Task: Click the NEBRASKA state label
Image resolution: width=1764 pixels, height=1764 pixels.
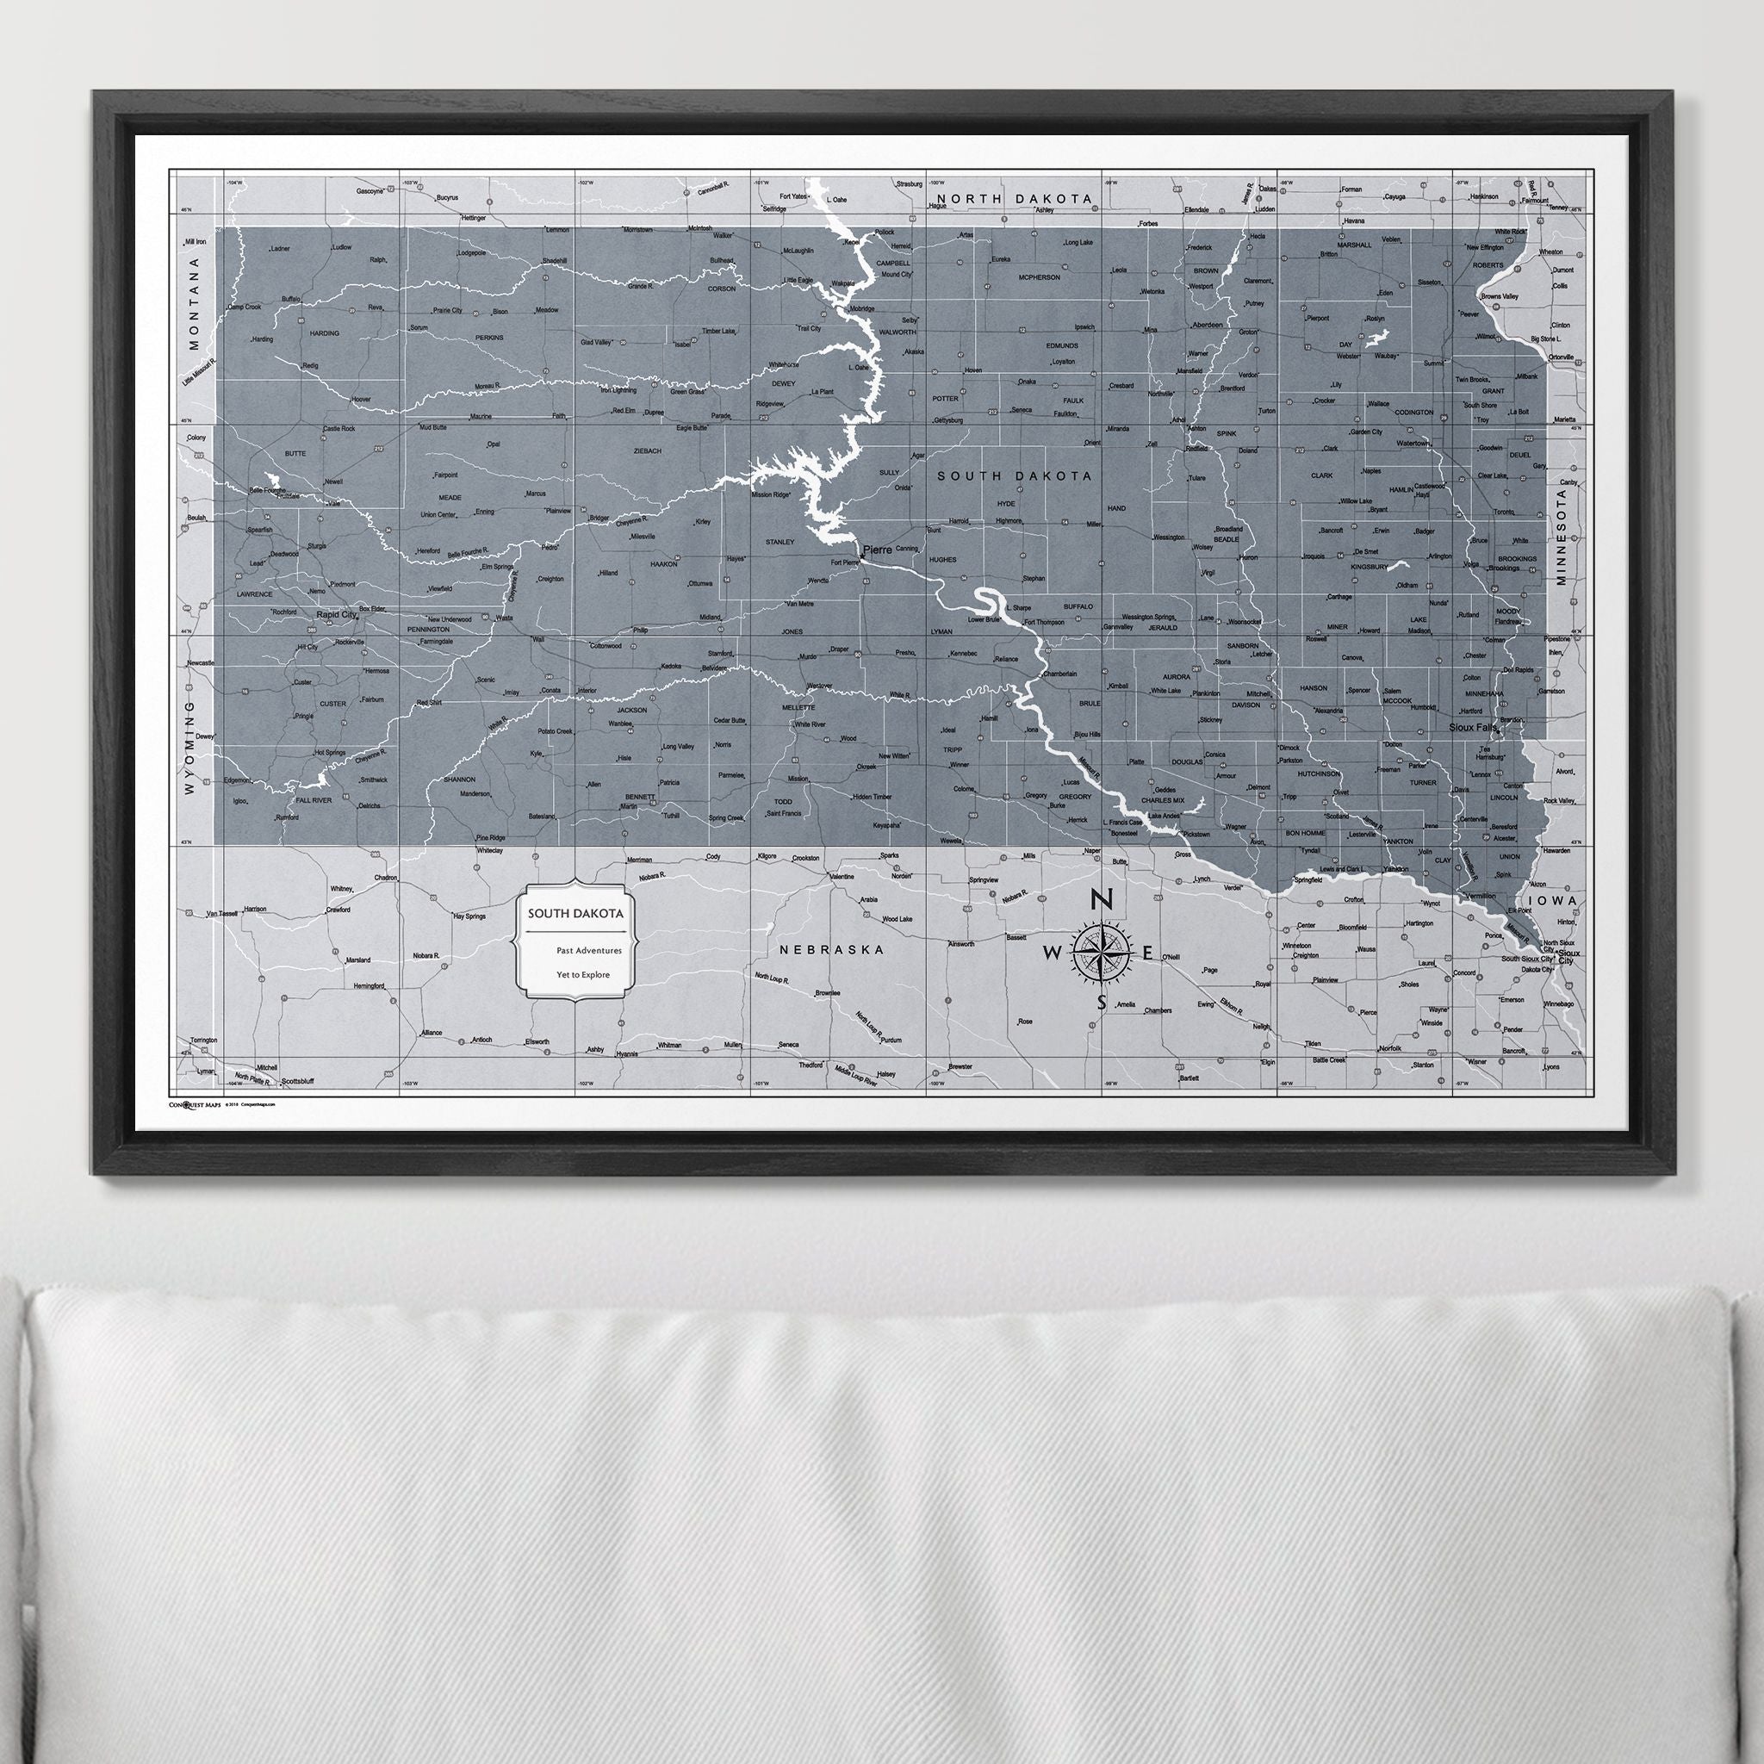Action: pyautogui.click(x=832, y=949)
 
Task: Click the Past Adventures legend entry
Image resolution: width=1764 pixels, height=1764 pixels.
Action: pyautogui.click(x=589, y=951)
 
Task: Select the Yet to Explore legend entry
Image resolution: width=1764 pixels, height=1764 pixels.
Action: pyautogui.click(x=583, y=974)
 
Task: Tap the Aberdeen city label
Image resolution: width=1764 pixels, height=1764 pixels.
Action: pyautogui.click(x=1207, y=325)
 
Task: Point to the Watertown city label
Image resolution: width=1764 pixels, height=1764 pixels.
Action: pyautogui.click(x=1413, y=444)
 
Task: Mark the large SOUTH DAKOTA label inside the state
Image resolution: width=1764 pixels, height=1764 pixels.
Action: pyautogui.click(x=1013, y=475)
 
